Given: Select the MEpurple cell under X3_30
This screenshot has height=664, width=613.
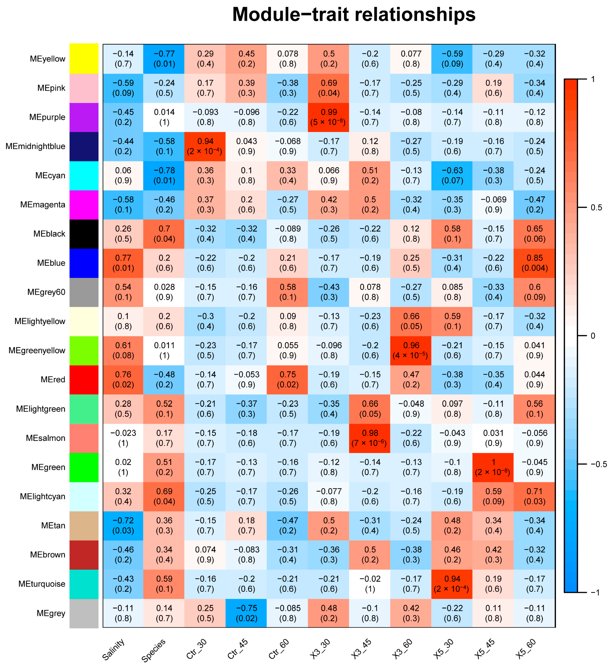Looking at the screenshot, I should pos(328,117).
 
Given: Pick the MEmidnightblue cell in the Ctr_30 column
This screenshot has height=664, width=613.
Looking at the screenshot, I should pos(205,146).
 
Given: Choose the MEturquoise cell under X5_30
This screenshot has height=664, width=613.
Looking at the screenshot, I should pos(452,584).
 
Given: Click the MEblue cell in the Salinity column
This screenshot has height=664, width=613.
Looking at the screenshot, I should pos(123,263).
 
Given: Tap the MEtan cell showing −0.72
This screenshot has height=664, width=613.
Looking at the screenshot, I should pos(123,525).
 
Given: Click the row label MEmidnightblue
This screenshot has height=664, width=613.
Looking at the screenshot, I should pos(36,146).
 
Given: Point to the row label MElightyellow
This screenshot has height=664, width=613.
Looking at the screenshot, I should pos(40,321).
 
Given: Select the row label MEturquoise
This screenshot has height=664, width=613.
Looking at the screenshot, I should pos(42,584).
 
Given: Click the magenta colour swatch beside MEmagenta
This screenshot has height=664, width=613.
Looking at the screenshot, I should pos(84,205).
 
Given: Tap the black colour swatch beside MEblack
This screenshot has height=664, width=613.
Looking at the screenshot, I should pos(84,234).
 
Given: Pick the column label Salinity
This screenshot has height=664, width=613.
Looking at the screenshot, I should pos(114,649).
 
